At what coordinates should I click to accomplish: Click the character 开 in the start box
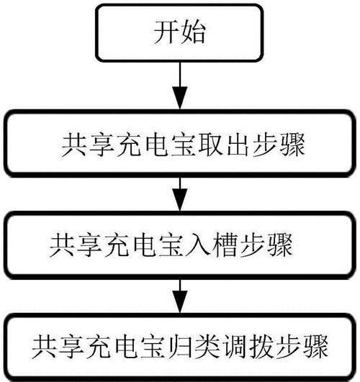[x=166, y=32]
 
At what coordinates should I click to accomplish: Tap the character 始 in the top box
[x=193, y=32]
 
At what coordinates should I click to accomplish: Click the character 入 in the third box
[x=197, y=245]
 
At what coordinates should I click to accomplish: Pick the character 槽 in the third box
[x=225, y=245]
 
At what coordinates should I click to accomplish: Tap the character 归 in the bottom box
[x=179, y=347]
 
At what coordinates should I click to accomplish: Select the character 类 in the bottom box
[x=206, y=347]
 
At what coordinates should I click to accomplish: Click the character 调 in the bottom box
[x=233, y=347]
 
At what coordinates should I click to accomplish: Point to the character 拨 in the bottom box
[x=261, y=347]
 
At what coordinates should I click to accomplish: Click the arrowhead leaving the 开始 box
[x=180, y=97]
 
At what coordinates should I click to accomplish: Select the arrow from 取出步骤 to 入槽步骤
[x=180, y=194]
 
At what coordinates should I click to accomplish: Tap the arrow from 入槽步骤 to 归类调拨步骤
[x=180, y=296]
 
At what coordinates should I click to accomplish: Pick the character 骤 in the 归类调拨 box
[x=315, y=347]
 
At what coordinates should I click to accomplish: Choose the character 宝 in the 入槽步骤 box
[x=170, y=245]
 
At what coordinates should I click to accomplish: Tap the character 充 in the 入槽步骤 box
[x=117, y=245]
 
